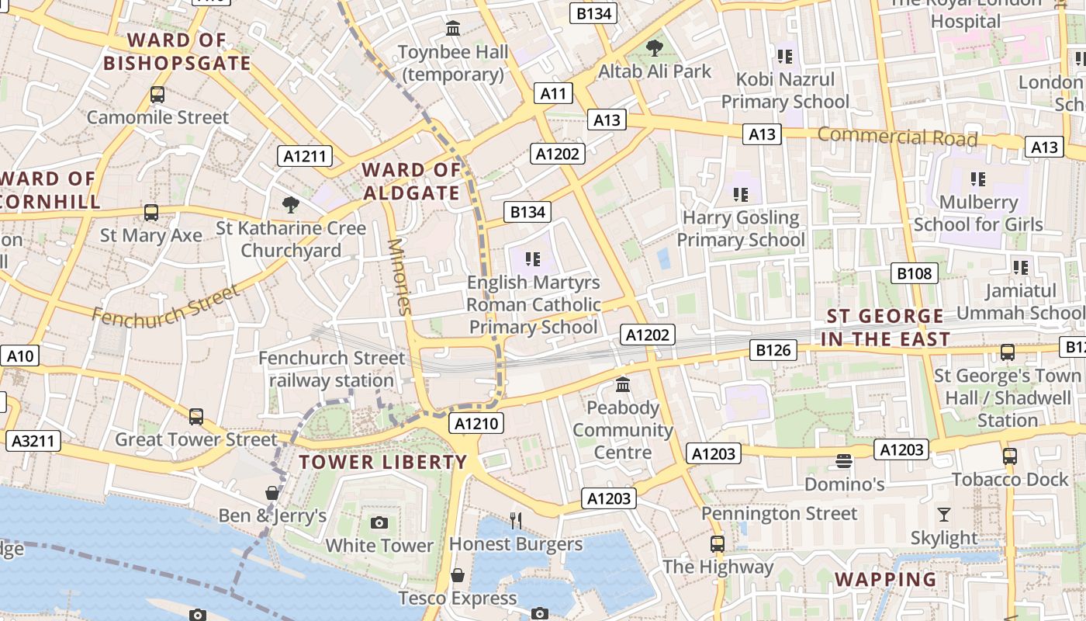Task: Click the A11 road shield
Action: pos(553,94)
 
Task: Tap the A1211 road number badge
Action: pos(305,156)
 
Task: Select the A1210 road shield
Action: pos(479,423)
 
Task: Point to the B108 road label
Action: pos(915,273)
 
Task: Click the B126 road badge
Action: pos(773,350)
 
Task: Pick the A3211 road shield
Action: pos(33,442)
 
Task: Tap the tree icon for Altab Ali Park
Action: pos(655,48)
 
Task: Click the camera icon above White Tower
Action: pos(379,522)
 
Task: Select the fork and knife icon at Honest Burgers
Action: pos(516,519)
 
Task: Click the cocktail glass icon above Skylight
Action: pos(943,515)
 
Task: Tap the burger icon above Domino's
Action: pos(844,462)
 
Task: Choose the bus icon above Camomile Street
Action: pos(157,95)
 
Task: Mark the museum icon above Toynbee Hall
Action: pos(453,29)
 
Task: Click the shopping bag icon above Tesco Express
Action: pos(458,575)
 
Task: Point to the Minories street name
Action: pos(399,276)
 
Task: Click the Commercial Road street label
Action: pos(898,137)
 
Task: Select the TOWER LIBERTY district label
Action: pos(383,463)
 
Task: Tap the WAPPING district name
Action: pos(886,580)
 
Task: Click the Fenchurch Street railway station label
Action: pos(332,369)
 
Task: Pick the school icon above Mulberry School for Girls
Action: pos(978,179)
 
